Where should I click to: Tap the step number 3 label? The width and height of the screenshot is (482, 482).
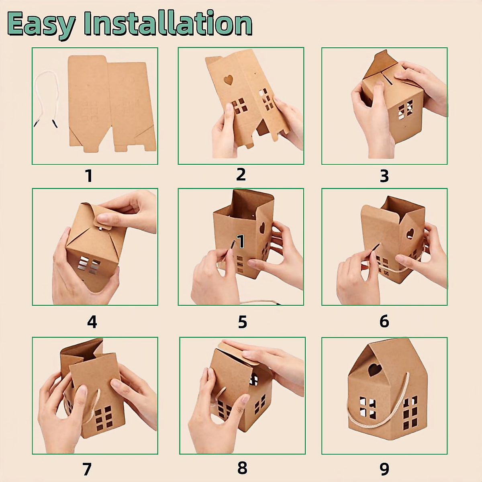point(384,176)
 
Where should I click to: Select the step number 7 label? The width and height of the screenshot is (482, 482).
point(87,469)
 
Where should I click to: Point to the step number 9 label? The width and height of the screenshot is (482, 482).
point(384,469)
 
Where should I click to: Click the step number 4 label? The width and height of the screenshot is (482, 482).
point(92,322)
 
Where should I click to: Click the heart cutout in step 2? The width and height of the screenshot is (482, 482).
point(228,80)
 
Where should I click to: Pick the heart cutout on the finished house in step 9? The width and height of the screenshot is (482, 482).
point(376,368)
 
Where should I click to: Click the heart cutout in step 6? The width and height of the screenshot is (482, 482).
point(410,233)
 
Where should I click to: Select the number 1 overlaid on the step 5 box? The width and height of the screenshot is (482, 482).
point(241,242)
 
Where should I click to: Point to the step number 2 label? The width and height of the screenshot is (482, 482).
point(241,175)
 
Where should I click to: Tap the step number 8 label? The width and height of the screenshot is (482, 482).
point(242,468)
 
